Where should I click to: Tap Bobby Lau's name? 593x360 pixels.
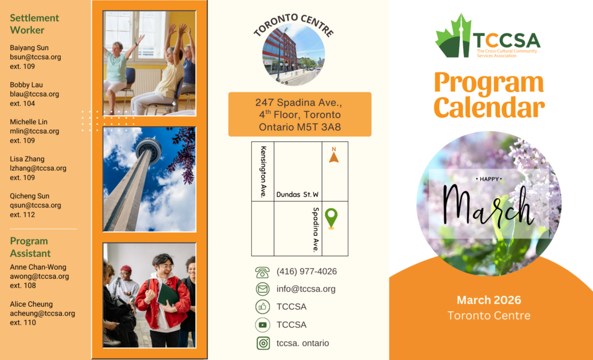click(x=26, y=85)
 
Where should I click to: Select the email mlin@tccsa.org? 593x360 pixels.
click(x=34, y=131)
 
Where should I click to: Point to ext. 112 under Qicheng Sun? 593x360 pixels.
click(x=23, y=214)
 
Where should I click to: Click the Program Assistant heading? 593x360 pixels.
click(x=30, y=247)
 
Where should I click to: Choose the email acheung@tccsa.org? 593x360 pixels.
click(x=42, y=314)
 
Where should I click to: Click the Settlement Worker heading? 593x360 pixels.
click(x=34, y=24)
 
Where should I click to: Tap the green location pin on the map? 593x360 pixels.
click(x=331, y=218)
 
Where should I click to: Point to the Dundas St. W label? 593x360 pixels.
click(x=297, y=194)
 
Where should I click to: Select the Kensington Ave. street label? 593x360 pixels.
click(x=263, y=172)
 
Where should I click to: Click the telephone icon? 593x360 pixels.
click(x=262, y=272)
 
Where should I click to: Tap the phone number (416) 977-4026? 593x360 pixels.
click(x=306, y=271)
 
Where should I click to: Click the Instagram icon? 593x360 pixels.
click(x=263, y=343)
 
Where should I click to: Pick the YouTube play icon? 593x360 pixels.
click(x=262, y=325)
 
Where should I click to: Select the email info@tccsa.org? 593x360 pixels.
click(x=306, y=289)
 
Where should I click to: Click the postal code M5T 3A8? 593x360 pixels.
click(x=319, y=127)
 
